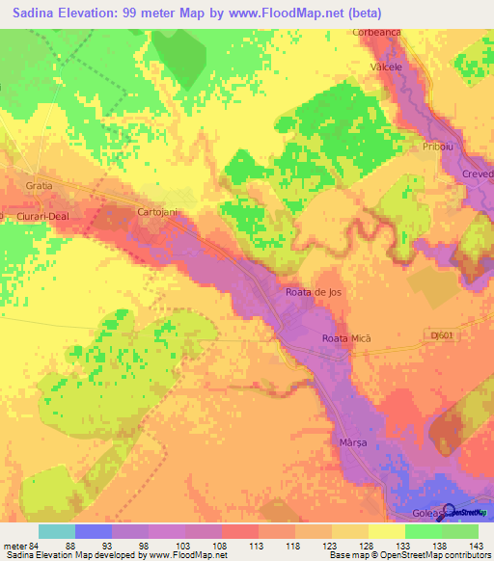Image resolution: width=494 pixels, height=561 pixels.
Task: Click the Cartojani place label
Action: [155, 211]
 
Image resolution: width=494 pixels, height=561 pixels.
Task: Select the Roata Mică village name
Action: [345, 338]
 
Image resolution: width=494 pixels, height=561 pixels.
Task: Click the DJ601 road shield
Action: [442, 334]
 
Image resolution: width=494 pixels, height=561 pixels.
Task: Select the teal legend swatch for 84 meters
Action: [57, 531]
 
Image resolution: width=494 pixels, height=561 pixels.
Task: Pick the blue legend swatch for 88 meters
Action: [94, 531]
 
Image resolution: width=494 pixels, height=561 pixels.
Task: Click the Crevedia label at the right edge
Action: [477, 174]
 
